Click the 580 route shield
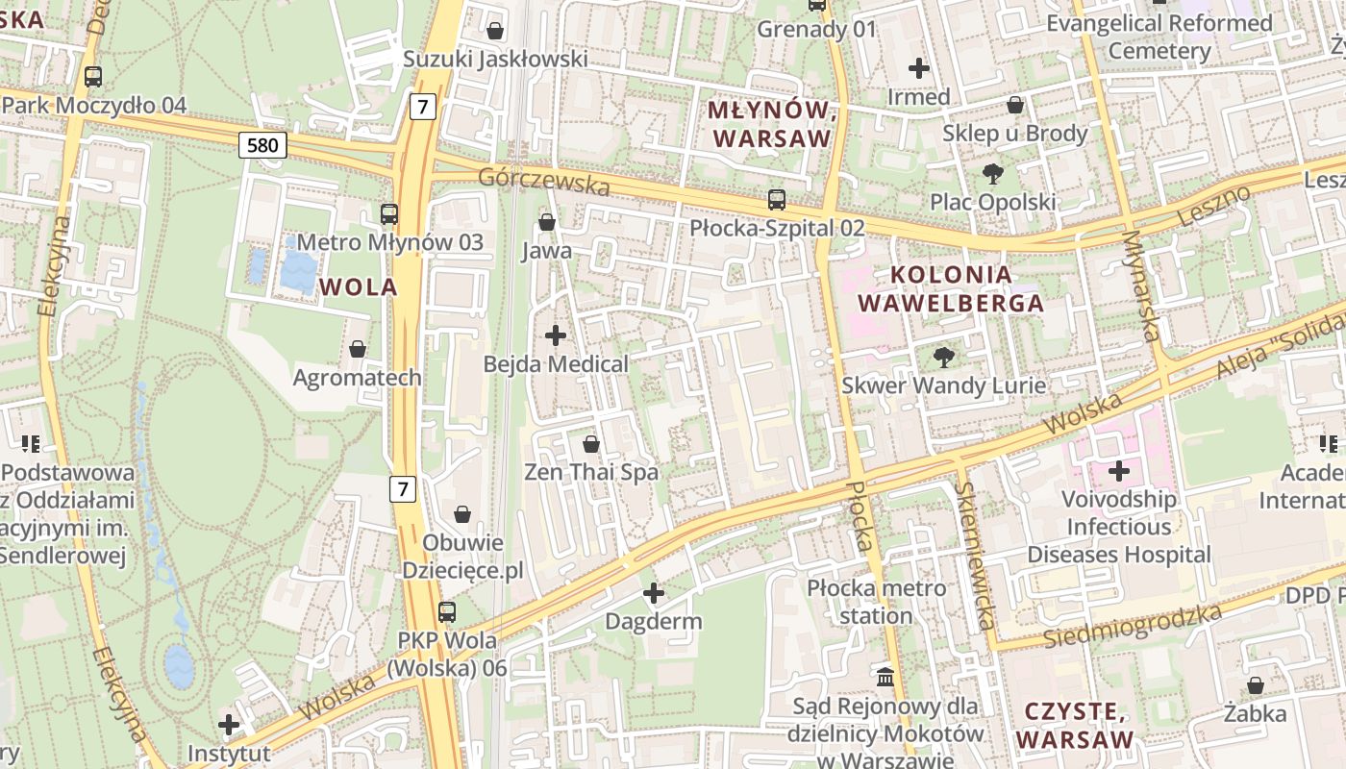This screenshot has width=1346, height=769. [262, 145]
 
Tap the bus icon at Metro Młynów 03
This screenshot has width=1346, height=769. [389, 214]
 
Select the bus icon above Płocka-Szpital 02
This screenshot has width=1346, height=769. [777, 200]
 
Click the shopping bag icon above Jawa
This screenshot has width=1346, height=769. [547, 222]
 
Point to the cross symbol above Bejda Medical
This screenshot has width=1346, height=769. [556, 335]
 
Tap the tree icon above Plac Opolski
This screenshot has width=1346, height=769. [992, 174]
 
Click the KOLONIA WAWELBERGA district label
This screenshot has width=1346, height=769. [950, 288]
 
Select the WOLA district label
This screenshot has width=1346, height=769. [358, 286]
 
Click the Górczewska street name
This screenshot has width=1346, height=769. [544, 180]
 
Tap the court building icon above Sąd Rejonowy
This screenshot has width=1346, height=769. [885, 677]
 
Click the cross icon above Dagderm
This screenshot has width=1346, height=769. [654, 593]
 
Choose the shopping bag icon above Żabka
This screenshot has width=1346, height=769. [1256, 685]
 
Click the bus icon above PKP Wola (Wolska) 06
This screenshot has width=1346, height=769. [447, 611]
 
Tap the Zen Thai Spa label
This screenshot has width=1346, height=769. [591, 472]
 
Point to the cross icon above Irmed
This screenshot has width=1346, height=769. [919, 68]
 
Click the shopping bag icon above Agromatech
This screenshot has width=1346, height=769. [358, 349]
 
